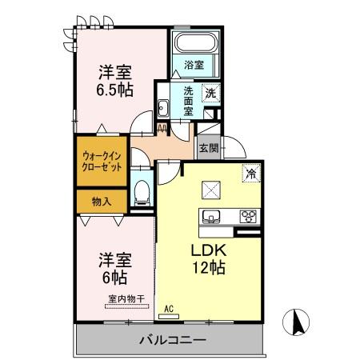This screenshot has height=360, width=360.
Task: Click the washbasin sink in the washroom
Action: [x=162, y=108]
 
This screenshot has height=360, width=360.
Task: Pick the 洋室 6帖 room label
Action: [x=114, y=268]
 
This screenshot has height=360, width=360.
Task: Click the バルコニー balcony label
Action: [x=173, y=340]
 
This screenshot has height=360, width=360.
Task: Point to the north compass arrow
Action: [x=297, y=322]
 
